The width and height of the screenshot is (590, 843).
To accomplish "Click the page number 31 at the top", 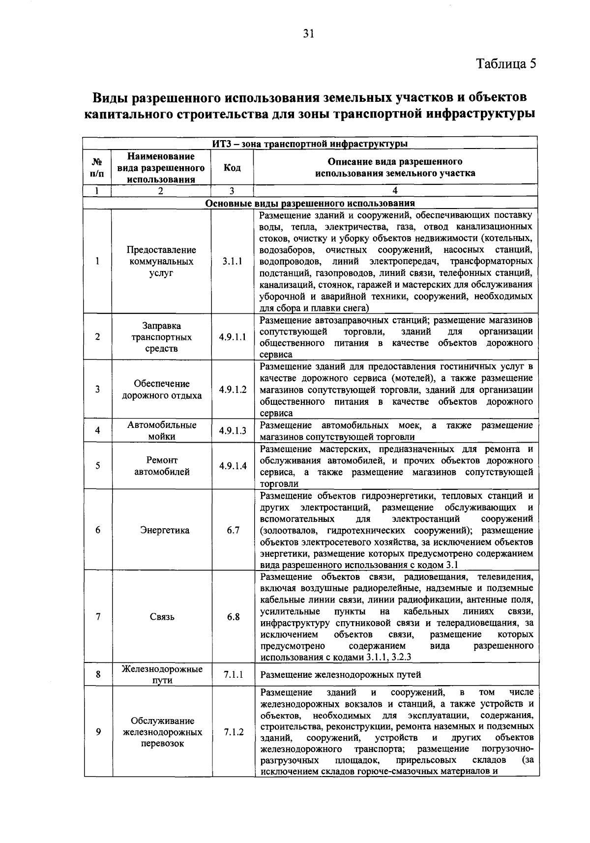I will (x=309, y=33).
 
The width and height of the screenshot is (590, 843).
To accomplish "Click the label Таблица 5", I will (x=506, y=64).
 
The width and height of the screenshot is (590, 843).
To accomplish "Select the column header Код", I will (x=232, y=168).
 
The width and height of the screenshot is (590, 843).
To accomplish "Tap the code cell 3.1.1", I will (x=232, y=262).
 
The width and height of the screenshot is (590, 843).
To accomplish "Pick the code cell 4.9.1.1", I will (x=233, y=337).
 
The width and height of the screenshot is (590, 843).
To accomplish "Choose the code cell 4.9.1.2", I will (x=233, y=390).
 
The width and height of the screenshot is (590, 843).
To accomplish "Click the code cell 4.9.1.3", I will (x=233, y=431).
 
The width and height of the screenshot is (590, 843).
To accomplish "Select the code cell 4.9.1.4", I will (x=233, y=466).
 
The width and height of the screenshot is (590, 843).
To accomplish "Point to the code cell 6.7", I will (x=233, y=530).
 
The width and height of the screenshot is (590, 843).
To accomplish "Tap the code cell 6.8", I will (x=233, y=617).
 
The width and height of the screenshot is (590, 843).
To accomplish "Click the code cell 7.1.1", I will (x=233, y=675).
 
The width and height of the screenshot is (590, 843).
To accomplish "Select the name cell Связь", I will (x=162, y=617).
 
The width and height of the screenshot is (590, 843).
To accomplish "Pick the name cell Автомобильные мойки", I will (x=162, y=430).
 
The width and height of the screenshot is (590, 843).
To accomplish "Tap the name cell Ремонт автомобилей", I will (x=162, y=466).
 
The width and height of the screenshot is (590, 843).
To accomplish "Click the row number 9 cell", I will (x=98, y=732).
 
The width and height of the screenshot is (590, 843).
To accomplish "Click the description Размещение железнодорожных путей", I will (x=340, y=675).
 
